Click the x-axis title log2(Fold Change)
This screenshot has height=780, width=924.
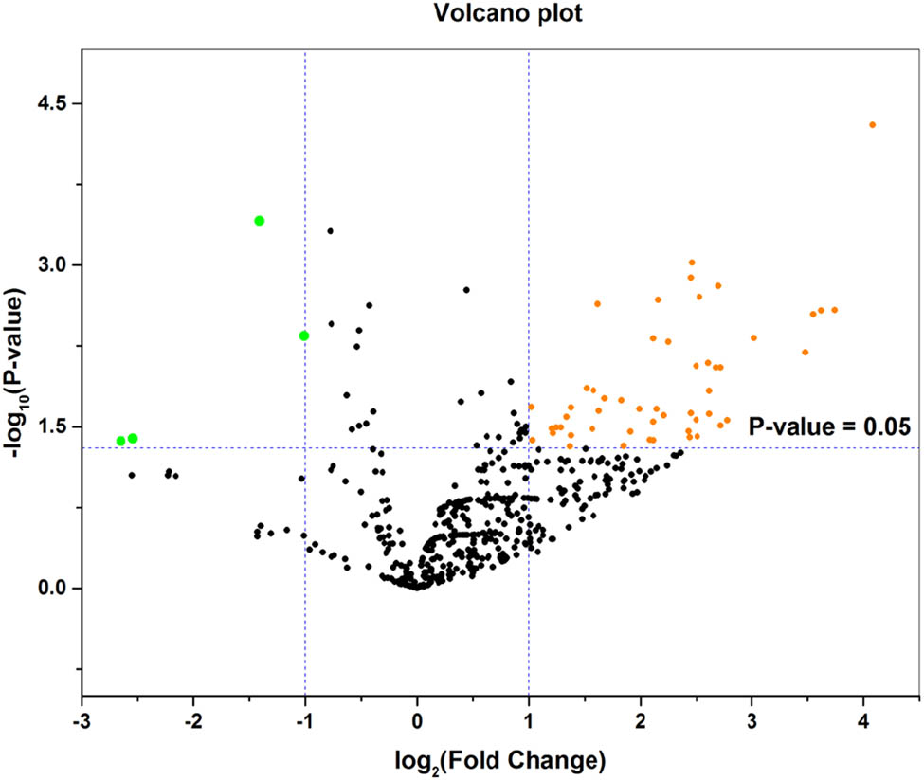[503, 759]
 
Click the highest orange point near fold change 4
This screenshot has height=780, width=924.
[872, 124]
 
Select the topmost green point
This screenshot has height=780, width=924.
[259, 221]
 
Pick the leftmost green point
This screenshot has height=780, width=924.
[121, 441]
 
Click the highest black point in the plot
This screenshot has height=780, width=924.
[331, 231]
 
